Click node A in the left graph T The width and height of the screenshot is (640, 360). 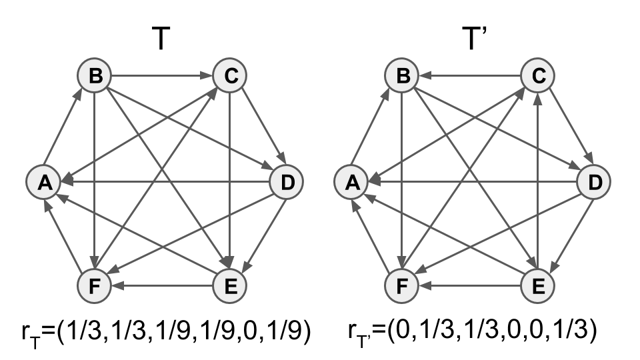44,181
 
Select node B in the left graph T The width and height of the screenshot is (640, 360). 95,75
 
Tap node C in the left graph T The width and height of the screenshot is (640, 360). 230,75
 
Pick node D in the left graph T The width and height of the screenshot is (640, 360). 287,181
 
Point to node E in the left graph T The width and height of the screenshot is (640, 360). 230,286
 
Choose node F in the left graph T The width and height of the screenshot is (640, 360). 95,286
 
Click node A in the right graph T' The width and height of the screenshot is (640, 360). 351,181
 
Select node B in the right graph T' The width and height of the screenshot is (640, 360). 402,75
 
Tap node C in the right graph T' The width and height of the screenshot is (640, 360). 537,75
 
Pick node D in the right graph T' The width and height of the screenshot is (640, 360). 594,181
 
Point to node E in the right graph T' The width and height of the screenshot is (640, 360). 537,286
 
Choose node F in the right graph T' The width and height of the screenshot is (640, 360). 402,286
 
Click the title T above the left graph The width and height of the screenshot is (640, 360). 161,38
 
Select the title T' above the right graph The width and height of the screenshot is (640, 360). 474,38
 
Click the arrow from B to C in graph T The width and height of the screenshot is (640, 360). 162,75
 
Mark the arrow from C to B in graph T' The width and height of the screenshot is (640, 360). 470,75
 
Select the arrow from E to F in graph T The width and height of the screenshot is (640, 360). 162,286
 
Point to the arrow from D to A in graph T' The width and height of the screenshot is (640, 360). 473,181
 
